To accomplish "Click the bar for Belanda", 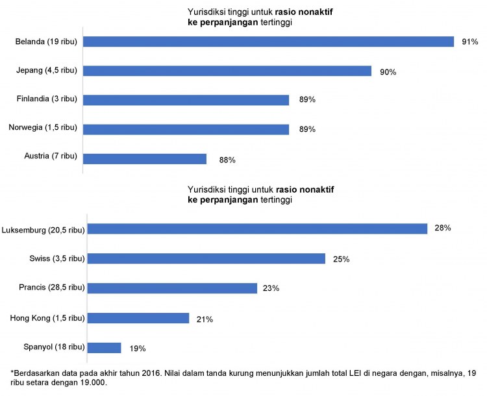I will click(x=268, y=42).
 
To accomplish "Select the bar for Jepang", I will click(x=227, y=71).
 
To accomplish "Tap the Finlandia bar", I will click(x=186, y=100).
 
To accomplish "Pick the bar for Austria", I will click(x=145, y=159).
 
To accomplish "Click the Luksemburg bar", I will click(x=256, y=229).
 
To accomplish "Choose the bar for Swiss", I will click(x=206, y=258).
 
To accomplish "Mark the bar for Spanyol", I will click(x=104, y=348).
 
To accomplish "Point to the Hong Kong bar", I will click(x=138, y=318).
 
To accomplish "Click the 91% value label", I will click(x=470, y=42).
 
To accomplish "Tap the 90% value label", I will click(x=388, y=71).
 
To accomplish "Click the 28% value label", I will click(x=443, y=229).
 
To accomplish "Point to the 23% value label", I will click(x=271, y=288).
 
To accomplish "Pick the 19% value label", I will click(x=137, y=349).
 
